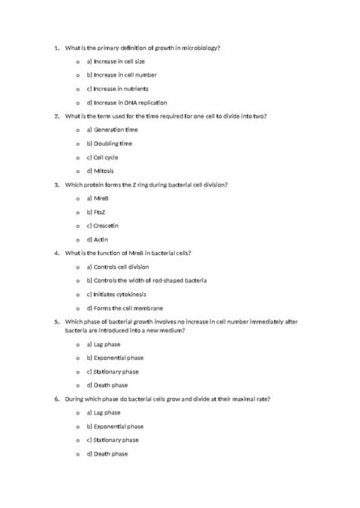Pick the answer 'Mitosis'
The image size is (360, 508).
[x=101, y=171]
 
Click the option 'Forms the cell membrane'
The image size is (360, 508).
[x=125, y=308]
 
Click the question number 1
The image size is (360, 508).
[x=57, y=48]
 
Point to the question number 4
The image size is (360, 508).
[x=57, y=253]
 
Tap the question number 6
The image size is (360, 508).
[x=57, y=399]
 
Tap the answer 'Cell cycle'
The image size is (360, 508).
[x=103, y=157]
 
